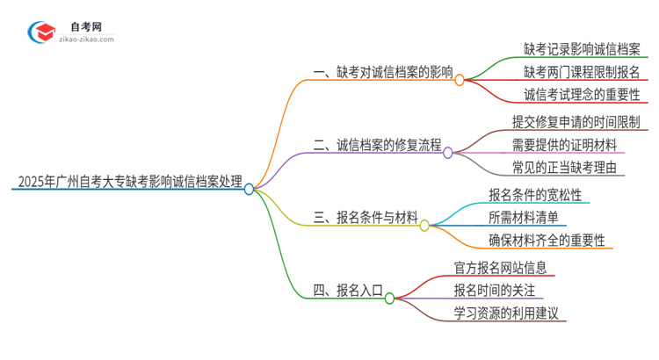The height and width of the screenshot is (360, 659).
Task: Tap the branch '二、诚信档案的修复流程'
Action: pyautogui.click(x=377, y=145)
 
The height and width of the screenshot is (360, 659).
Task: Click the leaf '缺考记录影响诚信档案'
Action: pyautogui.click(x=582, y=50)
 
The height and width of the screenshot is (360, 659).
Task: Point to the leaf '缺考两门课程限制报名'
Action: pyautogui.click(x=582, y=72)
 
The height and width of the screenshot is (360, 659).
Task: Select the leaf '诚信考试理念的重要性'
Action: pyautogui.click(x=582, y=94)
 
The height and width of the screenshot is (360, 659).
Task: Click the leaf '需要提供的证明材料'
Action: pyautogui.click(x=564, y=144)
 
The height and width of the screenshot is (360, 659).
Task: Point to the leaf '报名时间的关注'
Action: pyautogui.click(x=494, y=290)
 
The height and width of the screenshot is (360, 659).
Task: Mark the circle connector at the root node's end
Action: pyautogui.click(x=250, y=188)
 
